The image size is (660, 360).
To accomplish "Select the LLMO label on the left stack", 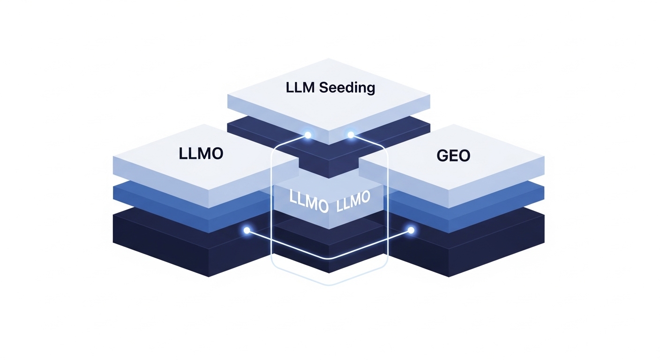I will pos(201,153).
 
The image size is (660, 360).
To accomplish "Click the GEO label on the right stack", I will pos(453,155).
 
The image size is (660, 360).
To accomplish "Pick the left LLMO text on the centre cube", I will pos(308,201).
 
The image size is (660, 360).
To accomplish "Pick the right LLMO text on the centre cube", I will pos(353,200).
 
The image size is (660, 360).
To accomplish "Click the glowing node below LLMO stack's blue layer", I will pos(247,230).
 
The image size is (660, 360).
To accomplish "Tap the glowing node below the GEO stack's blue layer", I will pos(411,230).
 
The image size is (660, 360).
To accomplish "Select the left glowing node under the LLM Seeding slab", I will pos(308,135).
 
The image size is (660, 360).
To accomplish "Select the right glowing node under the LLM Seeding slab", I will pos(351,135).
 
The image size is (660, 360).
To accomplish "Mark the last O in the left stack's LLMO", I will pos(216,153).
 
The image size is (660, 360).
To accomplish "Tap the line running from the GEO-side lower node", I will pos(375,245).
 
